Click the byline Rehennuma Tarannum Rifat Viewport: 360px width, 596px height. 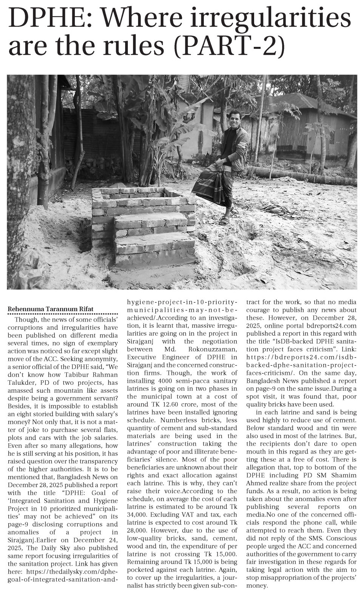coord(51,309)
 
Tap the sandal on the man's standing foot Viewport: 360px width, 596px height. coord(224,221)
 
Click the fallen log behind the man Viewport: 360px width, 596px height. coord(303,176)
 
